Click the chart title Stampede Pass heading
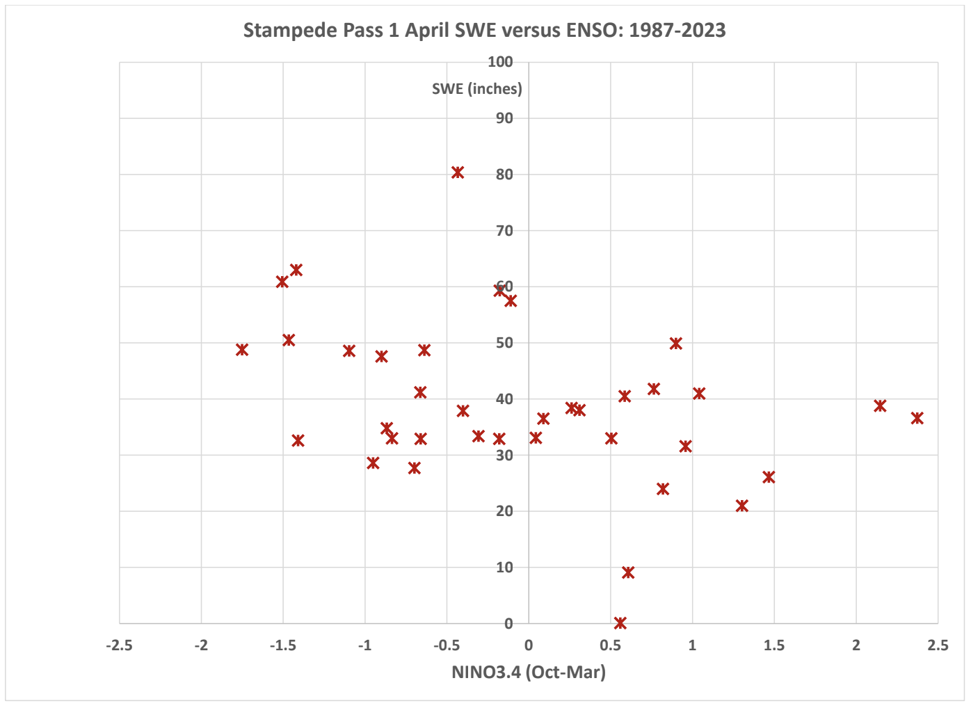pos(484,31)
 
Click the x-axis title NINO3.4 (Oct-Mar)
pos(529,673)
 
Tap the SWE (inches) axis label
pos(476,89)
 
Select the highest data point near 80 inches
pos(457,172)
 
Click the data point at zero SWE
pos(620,622)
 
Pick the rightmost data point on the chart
pos(917,418)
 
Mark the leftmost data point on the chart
pos(242,349)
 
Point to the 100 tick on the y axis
pos(501,62)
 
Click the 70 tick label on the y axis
pos(504,230)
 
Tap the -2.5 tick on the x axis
pos(119,645)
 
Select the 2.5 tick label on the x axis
pos(937,645)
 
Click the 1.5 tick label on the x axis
pos(773,645)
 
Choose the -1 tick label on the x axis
pos(364,645)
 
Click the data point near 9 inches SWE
pos(628,572)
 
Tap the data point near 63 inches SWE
pos(296,270)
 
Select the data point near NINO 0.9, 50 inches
pos(675,344)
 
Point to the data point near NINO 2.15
pos(880,405)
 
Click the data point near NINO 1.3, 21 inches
pos(742,506)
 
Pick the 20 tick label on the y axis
pos(504,511)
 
